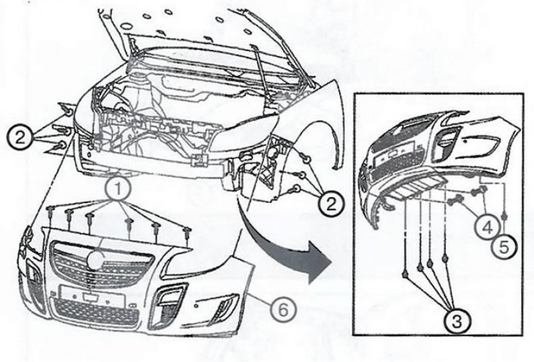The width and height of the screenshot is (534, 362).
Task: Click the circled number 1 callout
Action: click(117, 188)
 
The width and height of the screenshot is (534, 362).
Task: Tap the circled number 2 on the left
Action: click(20, 138)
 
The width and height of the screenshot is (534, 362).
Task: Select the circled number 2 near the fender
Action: click(331, 204)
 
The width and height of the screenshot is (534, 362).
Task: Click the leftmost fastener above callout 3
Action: click(405, 274)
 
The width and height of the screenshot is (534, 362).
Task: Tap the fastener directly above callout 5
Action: click(505, 216)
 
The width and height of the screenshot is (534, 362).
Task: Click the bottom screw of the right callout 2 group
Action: click(297, 188)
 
